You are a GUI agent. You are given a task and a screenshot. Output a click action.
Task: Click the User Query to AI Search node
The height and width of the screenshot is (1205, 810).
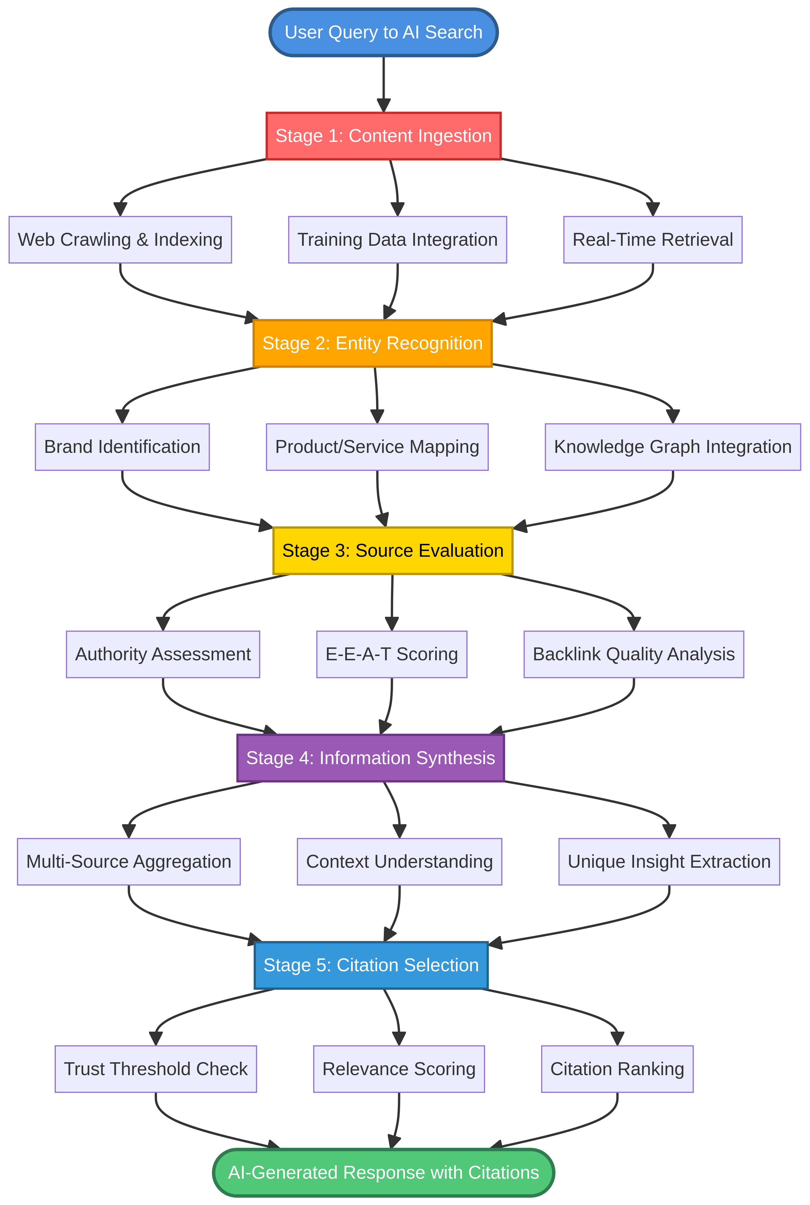coord(383,32)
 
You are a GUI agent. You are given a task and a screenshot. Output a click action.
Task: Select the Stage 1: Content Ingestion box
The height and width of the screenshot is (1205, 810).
coord(383,136)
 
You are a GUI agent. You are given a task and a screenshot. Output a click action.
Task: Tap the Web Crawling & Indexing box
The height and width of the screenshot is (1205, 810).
coord(120,240)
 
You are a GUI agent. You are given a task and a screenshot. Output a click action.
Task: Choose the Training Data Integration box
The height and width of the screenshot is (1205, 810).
coord(397,240)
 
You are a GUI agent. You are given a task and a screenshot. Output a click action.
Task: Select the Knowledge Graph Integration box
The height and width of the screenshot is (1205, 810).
coord(673,447)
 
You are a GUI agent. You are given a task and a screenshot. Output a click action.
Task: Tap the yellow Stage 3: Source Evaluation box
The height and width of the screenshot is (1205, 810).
coord(393,551)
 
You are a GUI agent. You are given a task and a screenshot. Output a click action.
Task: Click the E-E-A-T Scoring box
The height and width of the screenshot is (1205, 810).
coord(392,654)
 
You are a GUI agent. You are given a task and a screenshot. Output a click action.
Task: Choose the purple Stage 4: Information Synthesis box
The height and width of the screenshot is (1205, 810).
coord(370,758)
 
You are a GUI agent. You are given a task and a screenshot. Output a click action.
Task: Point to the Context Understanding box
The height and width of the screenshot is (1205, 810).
coord(399,861)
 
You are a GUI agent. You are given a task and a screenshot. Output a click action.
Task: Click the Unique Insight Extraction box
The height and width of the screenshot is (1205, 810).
coord(669,861)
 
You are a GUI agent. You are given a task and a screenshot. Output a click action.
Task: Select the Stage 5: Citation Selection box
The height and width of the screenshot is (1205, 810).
coord(371,965)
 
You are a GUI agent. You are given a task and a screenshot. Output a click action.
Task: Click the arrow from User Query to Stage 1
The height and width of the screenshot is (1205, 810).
coord(383,83)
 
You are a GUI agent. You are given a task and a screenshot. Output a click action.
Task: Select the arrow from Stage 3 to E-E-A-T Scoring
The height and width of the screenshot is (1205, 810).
coord(392,602)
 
